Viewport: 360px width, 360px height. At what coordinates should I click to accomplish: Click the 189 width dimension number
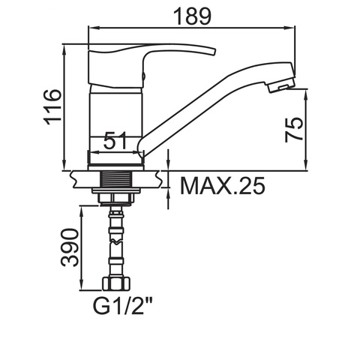192,16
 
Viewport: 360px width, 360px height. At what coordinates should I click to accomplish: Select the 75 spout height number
294,130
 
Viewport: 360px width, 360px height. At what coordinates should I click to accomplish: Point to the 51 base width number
115,141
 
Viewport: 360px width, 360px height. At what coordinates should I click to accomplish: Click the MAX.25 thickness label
223,186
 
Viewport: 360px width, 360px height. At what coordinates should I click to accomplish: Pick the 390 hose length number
70,247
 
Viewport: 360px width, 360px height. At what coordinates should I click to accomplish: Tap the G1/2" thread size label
122,306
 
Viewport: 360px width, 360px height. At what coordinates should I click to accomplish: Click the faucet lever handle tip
214,51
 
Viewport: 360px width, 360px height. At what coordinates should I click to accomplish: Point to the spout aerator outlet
281,88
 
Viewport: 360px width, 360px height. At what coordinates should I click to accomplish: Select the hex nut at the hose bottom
116,283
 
